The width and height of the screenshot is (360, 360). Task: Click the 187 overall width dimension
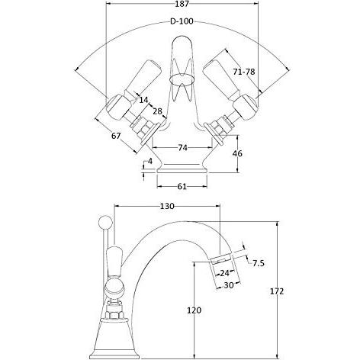182,4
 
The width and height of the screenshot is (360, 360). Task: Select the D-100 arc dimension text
182,21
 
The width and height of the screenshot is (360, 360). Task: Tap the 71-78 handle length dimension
244,72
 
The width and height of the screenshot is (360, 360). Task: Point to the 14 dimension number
143,100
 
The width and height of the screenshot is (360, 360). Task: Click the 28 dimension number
157,111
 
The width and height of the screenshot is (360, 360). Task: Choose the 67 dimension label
116,136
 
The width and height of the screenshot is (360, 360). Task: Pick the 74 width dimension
182,147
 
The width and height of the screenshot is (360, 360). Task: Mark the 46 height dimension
237,153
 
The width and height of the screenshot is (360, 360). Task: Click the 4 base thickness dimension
150,161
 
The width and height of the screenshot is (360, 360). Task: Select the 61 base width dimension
182,186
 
